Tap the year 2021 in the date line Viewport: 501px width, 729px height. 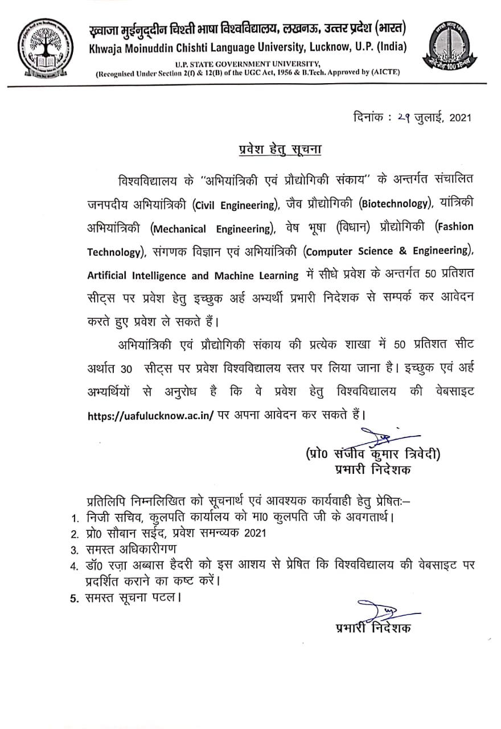coord(461,118)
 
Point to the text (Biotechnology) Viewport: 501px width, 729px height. coord(392,204)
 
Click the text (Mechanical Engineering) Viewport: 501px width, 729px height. coord(212,229)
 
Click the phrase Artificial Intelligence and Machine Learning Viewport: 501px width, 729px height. coord(193,276)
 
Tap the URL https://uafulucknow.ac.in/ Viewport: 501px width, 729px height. coord(151,415)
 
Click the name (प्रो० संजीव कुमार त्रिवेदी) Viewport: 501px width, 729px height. coord(373,454)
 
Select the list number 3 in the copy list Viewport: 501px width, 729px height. coord(74,550)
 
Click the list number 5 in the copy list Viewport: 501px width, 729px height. coord(74,599)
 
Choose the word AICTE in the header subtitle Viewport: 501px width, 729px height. coord(388,72)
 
